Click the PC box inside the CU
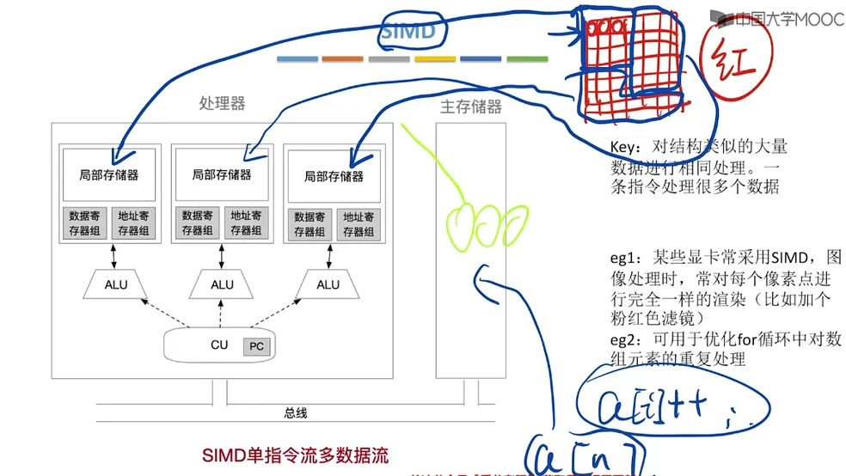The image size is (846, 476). click(x=256, y=346)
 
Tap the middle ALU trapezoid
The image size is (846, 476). click(x=222, y=284)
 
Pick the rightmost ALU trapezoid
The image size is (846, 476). click(x=328, y=284)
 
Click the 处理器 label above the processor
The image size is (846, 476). click(x=222, y=104)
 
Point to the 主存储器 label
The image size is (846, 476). click(x=470, y=108)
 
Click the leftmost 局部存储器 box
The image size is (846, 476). click(x=109, y=174)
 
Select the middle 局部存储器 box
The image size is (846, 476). click(x=222, y=174)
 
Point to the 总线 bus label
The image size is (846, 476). click(x=295, y=413)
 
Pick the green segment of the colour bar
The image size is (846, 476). click(x=527, y=58)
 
